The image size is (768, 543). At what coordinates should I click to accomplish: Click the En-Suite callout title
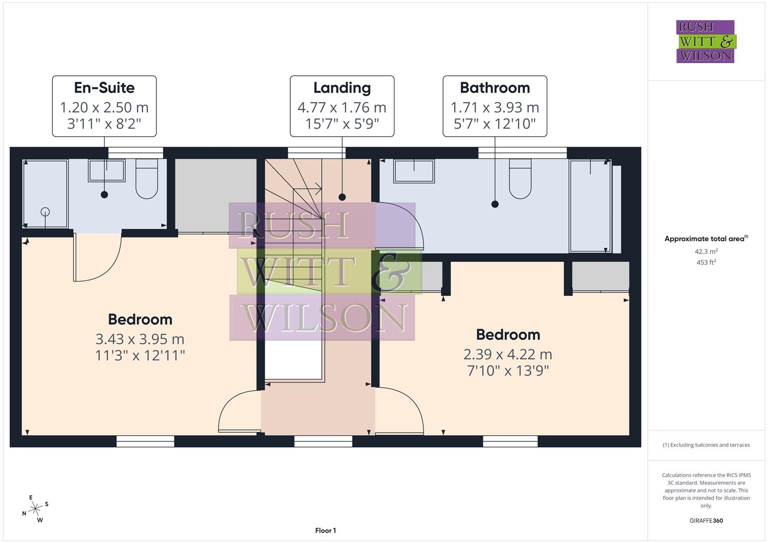(104, 88)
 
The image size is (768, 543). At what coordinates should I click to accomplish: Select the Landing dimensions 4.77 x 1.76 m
(342, 108)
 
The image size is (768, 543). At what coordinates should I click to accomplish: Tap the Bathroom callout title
(495, 88)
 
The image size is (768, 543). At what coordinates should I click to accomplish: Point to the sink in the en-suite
(107, 170)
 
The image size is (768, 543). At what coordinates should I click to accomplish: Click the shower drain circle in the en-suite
(46, 212)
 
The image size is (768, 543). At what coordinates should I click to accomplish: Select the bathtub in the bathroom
(590, 206)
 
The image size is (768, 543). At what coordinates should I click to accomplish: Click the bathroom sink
(413, 171)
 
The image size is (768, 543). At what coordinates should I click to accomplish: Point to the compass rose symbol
(35, 509)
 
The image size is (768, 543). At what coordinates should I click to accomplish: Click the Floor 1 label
(325, 530)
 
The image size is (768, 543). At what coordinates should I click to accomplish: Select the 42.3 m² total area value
(706, 251)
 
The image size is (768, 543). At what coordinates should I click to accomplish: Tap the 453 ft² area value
(706, 262)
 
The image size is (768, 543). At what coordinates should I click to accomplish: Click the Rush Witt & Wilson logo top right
(705, 42)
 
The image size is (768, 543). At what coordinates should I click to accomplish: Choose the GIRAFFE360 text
(706, 520)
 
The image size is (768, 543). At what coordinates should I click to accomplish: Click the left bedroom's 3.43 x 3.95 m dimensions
(140, 339)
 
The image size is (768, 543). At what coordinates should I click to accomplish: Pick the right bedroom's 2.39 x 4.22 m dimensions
(508, 354)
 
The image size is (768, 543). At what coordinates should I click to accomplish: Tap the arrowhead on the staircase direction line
(319, 190)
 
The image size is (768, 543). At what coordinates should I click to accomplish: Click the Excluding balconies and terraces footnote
(706, 445)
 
